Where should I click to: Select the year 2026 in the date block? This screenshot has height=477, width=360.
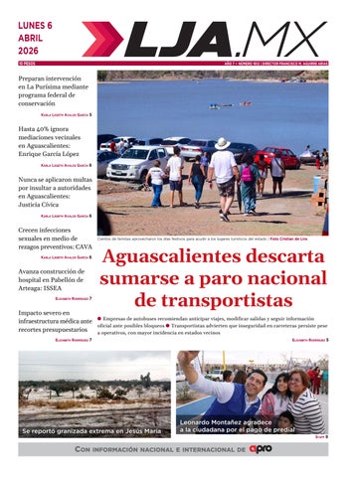[31, 54]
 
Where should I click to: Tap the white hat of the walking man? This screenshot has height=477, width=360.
[222, 144]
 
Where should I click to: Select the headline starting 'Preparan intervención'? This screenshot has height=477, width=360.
[54, 90]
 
